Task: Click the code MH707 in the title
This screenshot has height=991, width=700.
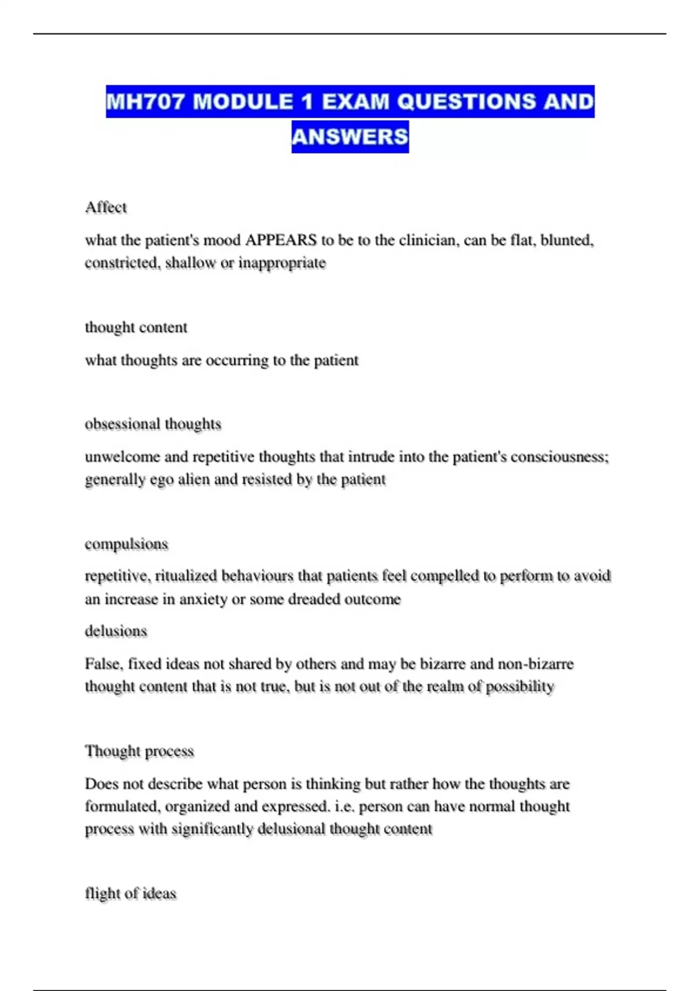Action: point(146,102)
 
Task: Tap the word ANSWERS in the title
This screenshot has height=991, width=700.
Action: point(350,137)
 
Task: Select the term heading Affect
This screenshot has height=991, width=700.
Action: point(106,208)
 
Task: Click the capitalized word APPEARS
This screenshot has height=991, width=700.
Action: point(281,240)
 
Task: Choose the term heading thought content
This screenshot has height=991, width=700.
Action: point(136,328)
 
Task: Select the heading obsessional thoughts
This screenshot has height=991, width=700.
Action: point(153,424)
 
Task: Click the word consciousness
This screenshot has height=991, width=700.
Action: point(559,456)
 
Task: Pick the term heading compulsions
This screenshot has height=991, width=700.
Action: point(126,544)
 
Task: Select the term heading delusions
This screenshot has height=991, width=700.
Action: point(116,631)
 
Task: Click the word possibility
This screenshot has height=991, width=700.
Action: point(520,687)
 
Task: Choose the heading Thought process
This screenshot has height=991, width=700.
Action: point(139,751)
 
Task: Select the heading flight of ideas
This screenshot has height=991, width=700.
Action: point(130,894)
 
